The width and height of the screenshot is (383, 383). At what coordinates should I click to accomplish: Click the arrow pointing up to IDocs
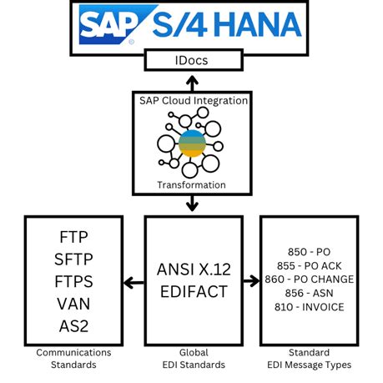(x=192, y=82)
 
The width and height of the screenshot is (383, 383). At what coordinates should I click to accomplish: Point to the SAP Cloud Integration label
(x=192, y=100)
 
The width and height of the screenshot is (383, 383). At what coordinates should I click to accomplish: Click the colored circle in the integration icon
(x=191, y=141)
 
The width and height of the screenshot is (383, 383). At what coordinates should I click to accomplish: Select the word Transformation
(x=192, y=184)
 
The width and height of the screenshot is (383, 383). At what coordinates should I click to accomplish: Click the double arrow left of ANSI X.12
(x=134, y=283)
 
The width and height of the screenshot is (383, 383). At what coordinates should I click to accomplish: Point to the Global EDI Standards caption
(x=194, y=359)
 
